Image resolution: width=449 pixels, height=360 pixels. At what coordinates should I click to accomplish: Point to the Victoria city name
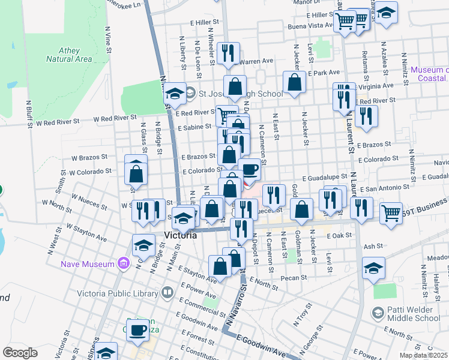pyautogui.click(x=180, y=235)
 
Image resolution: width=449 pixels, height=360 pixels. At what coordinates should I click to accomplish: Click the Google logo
pyautogui.click(x=20, y=353)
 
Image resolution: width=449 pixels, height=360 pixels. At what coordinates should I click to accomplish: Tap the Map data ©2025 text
pyautogui.click(x=424, y=355)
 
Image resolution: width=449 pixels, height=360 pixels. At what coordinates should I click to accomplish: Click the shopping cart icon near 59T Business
pyautogui.click(x=391, y=212)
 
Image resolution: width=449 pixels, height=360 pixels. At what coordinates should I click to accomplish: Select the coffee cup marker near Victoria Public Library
pyautogui.click(x=138, y=330)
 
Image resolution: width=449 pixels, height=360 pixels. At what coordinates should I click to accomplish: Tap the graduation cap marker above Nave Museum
pyautogui.click(x=144, y=245)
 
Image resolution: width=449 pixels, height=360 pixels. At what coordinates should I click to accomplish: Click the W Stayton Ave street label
pyautogui.click(x=86, y=233)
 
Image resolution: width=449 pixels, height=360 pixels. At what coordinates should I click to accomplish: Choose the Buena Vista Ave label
pyautogui.click(x=310, y=26)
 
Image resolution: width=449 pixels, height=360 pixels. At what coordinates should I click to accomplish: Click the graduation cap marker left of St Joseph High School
pyautogui.click(x=175, y=93)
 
